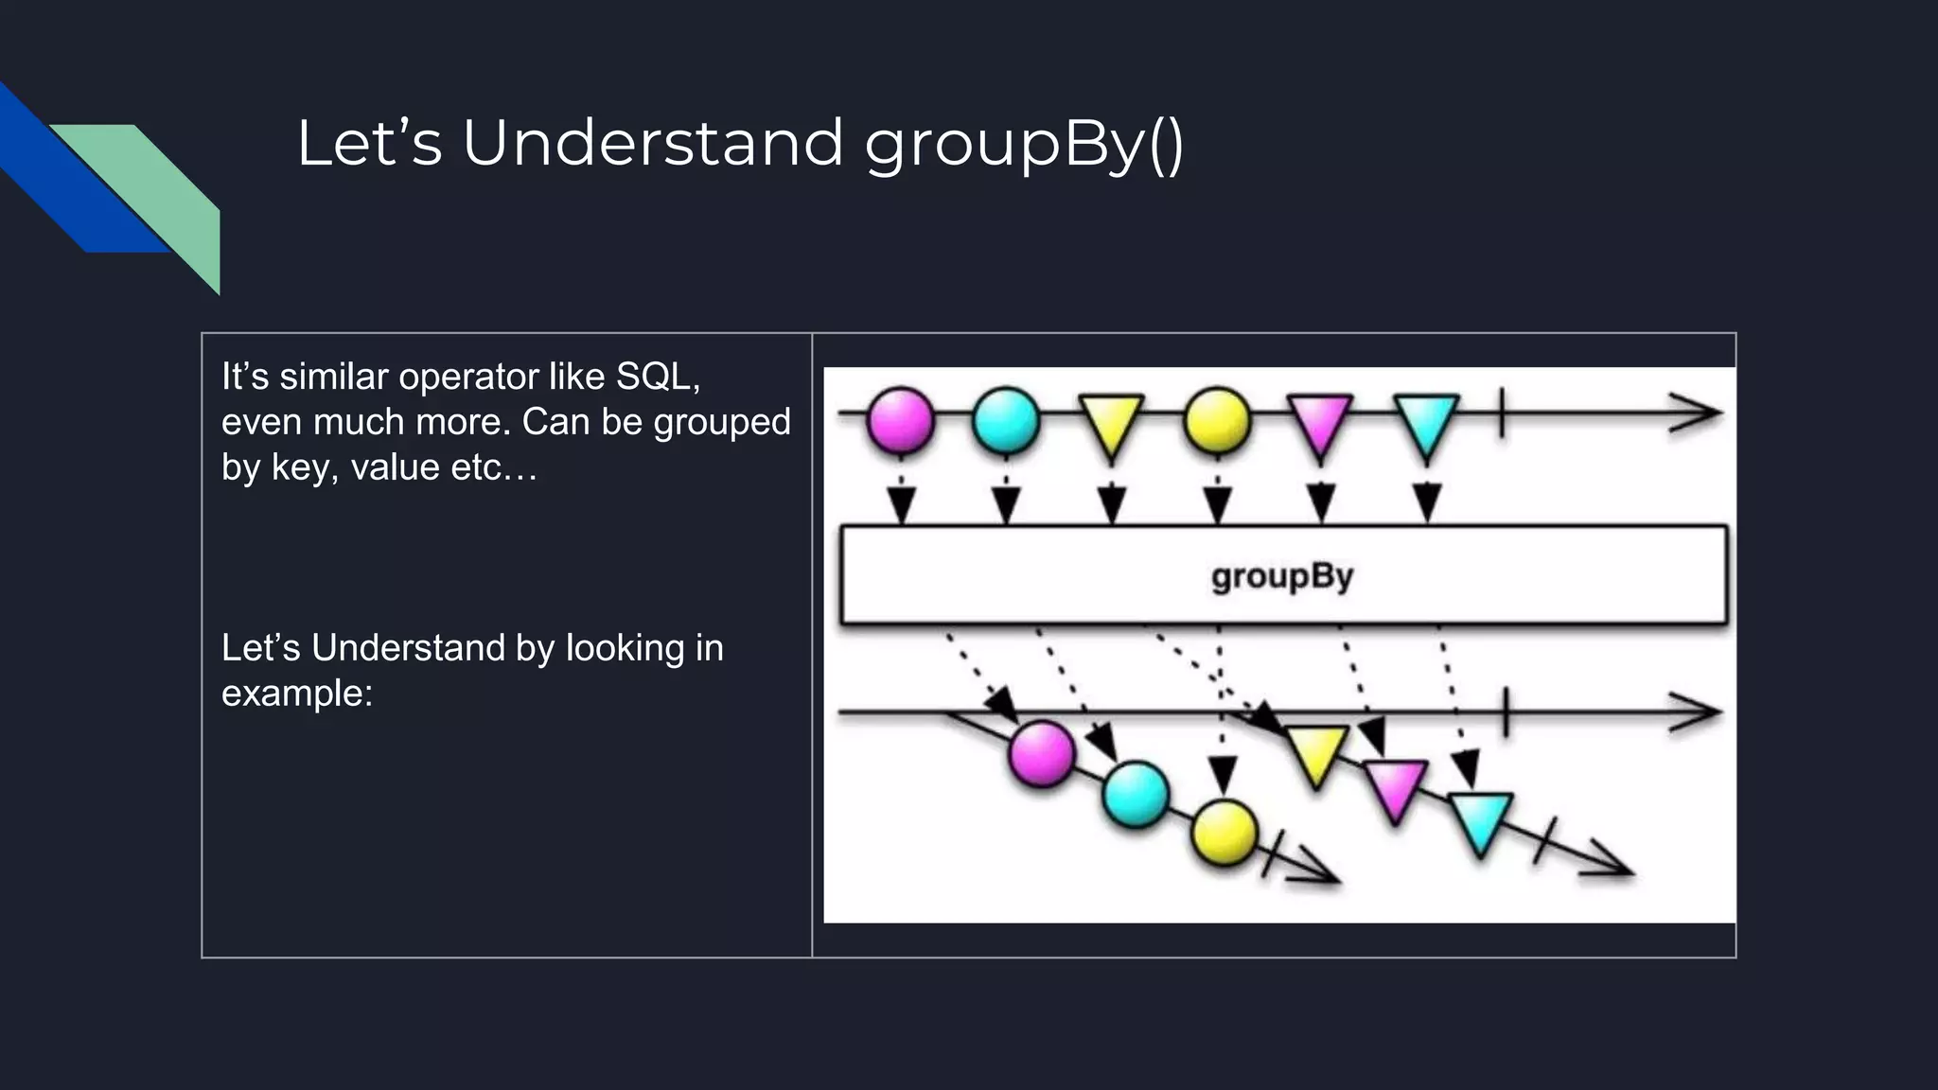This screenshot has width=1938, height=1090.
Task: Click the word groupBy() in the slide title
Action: pyautogui.click(x=1024, y=144)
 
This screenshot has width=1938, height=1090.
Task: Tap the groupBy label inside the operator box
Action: pyautogui.click(x=1282, y=575)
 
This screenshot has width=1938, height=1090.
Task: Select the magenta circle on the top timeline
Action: pyautogui.click(x=900, y=418)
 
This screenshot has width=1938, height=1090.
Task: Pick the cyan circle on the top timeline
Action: pyautogui.click(x=1006, y=418)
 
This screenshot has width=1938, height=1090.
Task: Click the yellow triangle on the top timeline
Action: pyautogui.click(x=1112, y=424)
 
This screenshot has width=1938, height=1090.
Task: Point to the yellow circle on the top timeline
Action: pyautogui.click(x=1217, y=418)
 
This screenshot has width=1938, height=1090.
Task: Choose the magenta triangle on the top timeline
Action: pyautogui.click(x=1321, y=424)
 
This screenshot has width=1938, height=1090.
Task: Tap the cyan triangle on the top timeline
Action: pyautogui.click(x=1426, y=424)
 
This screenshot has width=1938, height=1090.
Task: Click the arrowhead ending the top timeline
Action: pyautogui.click(x=1699, y=413)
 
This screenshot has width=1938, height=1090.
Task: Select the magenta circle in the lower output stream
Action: pyautogui.click(x=1041, y=753)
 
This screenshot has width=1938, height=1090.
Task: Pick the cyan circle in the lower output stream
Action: pyautogui.click(x=1135, y=794)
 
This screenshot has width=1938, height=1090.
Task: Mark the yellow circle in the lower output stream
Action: pyautogui.click(x=1224, y=833)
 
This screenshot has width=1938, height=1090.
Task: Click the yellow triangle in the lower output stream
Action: pyautogui.click(x=1316, y=752)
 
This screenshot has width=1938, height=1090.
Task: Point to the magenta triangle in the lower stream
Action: pyautogui.click(x=1395, y=786)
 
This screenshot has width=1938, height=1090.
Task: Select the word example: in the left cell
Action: pyautogui.click(x=297, y=694)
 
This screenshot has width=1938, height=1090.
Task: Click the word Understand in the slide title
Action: pyautogui.click(x=652, y=144)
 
